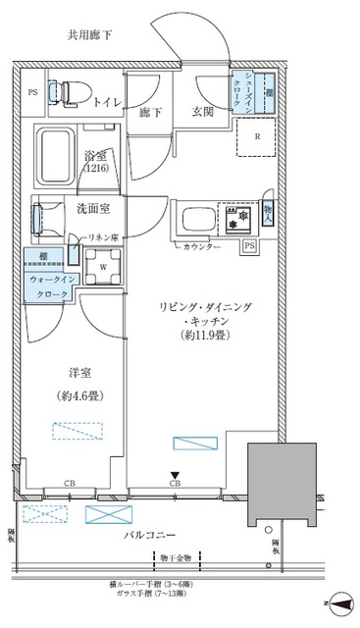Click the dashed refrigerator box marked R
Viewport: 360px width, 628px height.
click(x=257, y=138)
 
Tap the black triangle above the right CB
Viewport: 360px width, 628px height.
click(x=175, y=475)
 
